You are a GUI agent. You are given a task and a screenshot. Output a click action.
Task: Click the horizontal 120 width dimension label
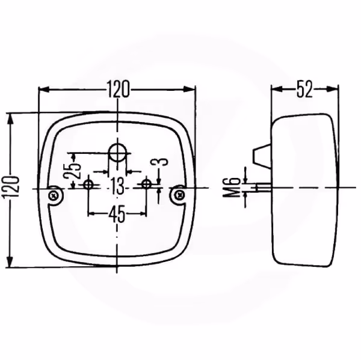coord(118,89)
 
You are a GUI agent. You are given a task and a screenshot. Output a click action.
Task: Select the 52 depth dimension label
coord(304,89)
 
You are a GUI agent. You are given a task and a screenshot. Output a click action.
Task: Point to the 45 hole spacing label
coord(117,214)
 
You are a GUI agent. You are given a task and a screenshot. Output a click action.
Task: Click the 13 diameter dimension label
coord(117,186)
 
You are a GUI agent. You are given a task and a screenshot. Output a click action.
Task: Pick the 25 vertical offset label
coord(72,171)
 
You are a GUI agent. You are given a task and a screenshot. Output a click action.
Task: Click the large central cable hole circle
coord(117,152)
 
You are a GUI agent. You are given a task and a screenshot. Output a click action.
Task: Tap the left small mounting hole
coord(88,185)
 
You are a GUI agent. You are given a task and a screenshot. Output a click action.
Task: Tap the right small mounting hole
coord(146,184)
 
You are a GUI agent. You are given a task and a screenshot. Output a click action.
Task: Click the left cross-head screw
coord(54,196)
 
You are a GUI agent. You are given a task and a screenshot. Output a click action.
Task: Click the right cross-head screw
coord(179,195)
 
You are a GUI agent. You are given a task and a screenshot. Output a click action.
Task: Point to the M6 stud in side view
coord(264,187)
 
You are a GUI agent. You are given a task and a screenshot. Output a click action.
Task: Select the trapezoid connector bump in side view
coord(262,156)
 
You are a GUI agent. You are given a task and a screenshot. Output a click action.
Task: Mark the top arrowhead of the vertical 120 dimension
coord(10,120)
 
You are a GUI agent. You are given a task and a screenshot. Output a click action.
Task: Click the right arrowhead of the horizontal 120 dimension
coord(189,89)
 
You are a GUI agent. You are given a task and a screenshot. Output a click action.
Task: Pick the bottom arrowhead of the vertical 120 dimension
coord(10,261)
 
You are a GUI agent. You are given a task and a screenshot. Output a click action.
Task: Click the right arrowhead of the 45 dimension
coord(143,214)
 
